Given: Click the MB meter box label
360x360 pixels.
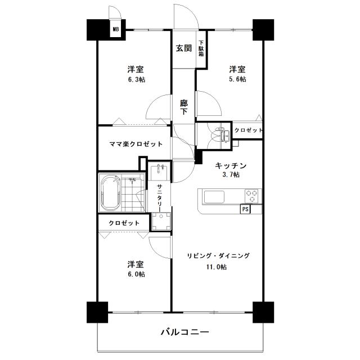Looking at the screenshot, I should (116, 30).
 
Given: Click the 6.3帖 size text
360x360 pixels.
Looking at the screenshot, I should (135, 80).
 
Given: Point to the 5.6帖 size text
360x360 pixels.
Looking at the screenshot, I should (237, 80).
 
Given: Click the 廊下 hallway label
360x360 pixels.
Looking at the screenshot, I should (183, 107).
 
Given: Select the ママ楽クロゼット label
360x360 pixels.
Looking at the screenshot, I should (136, 144).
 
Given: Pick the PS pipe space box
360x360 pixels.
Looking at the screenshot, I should (245, 209).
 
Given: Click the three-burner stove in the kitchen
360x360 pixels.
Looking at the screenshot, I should (251, 196).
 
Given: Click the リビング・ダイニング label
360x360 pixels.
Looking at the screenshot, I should (218, 256).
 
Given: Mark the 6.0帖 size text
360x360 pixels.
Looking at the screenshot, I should (135, 274).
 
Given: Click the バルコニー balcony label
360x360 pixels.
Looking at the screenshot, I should (186, 332).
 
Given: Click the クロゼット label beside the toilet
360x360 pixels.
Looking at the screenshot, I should (248, 130).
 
